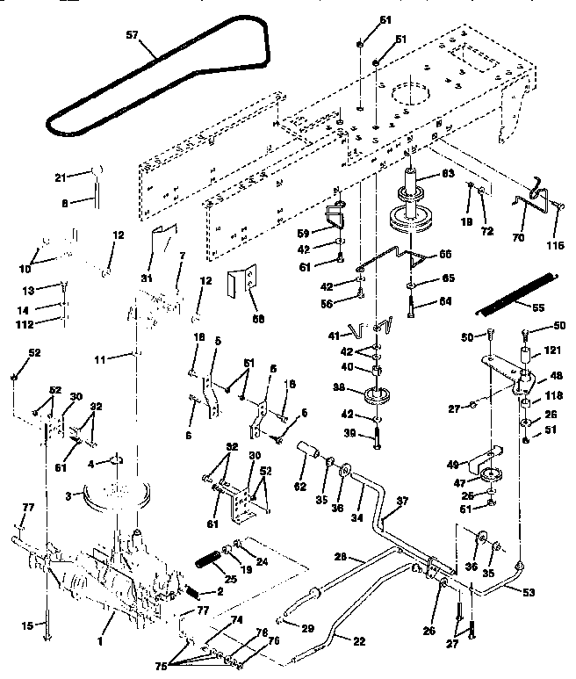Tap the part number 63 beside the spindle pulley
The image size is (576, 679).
click(447, 175)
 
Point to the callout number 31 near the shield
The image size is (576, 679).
click(145, 279)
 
